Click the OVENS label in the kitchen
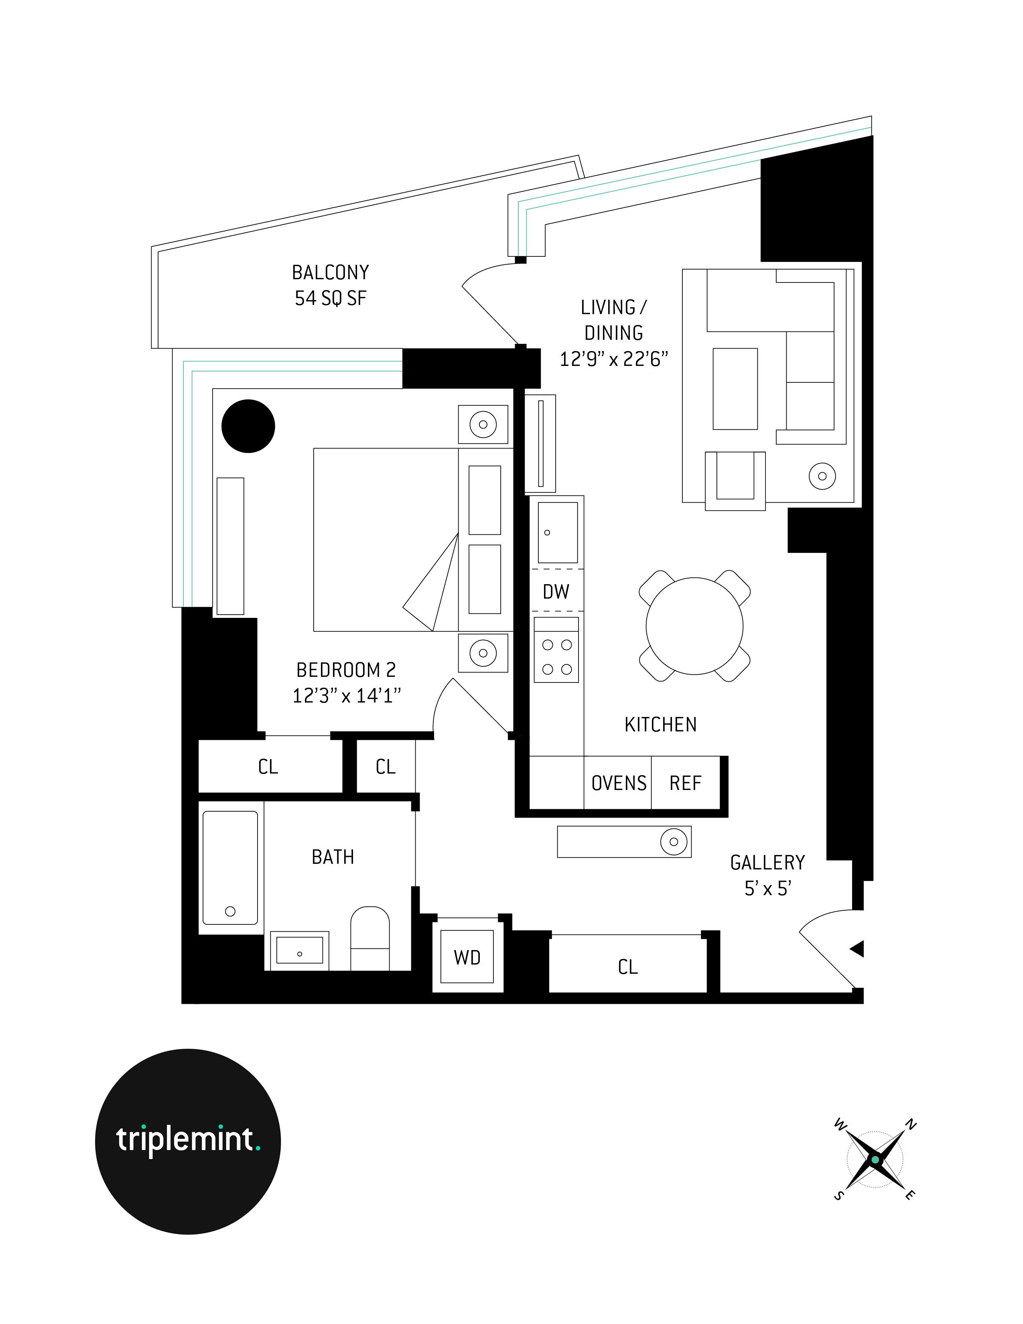[x=619, y=783]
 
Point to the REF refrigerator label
[x=685, y=783]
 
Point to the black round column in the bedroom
[x=248, y=426]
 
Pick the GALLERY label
[x=767, y=862]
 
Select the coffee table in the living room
[x=735, y=389]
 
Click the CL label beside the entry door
[x=628, y=967]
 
